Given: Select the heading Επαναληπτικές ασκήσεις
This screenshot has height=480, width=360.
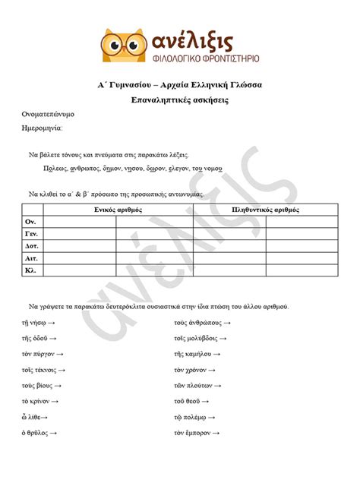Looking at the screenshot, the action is tap(180, 100).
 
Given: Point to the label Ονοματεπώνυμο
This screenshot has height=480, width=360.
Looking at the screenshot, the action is tap(47, 115).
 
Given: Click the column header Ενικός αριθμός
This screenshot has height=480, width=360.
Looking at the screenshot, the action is tap(118, 209).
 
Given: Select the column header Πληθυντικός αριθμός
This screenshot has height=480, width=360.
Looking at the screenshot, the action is tap(266, 209).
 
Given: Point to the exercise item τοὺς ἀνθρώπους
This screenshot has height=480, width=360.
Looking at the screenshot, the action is tap(197, 322).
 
